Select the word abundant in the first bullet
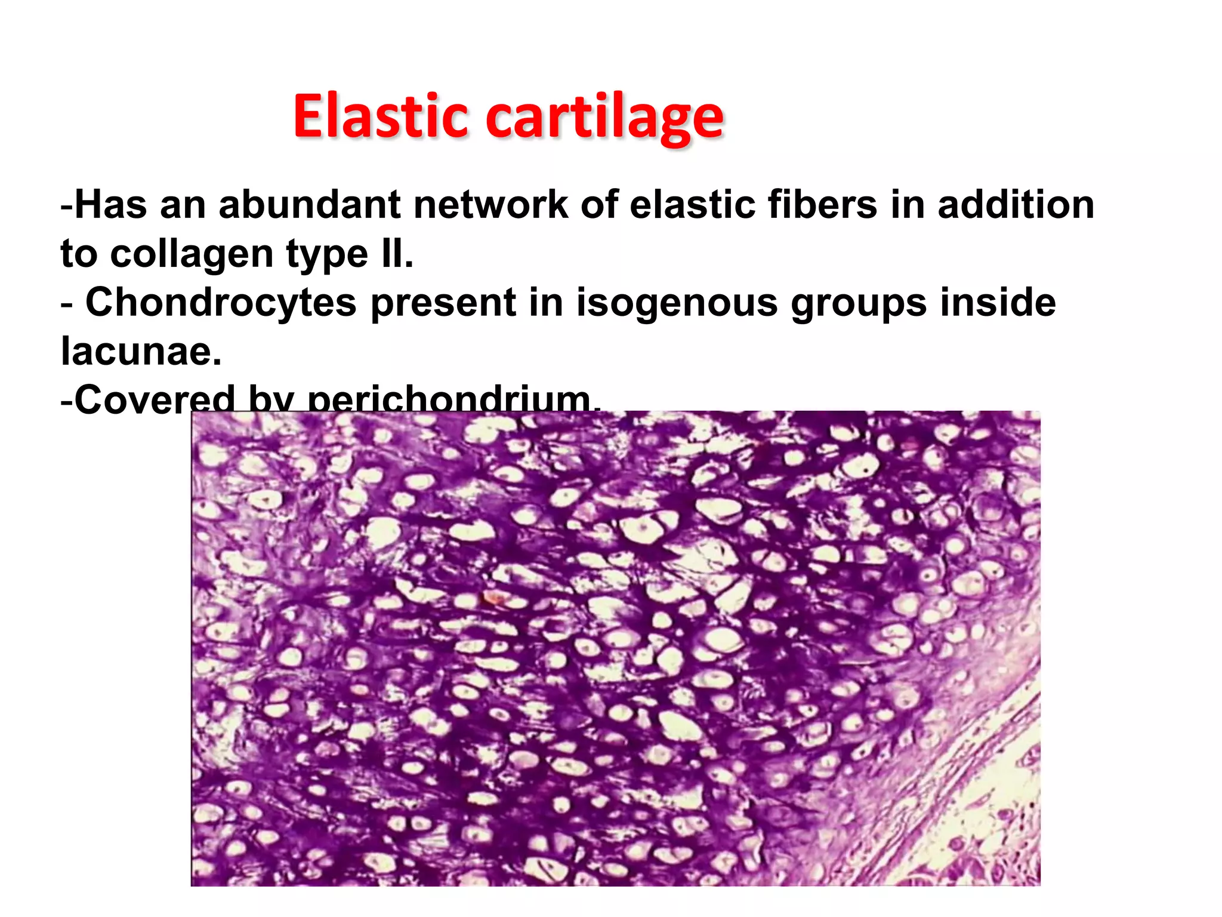click(x=310, y=205)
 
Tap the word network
click(x=490, y=205)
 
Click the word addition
click(x=1016, y=205)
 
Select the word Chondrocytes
click(x=221, y=302)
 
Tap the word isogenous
click(x=677, y=303)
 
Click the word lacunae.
click(x=141, y=352)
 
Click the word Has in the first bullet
click(x=111, y=205)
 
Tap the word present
click(x=442, y=303)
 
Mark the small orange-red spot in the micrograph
click(x=493, y=597)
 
